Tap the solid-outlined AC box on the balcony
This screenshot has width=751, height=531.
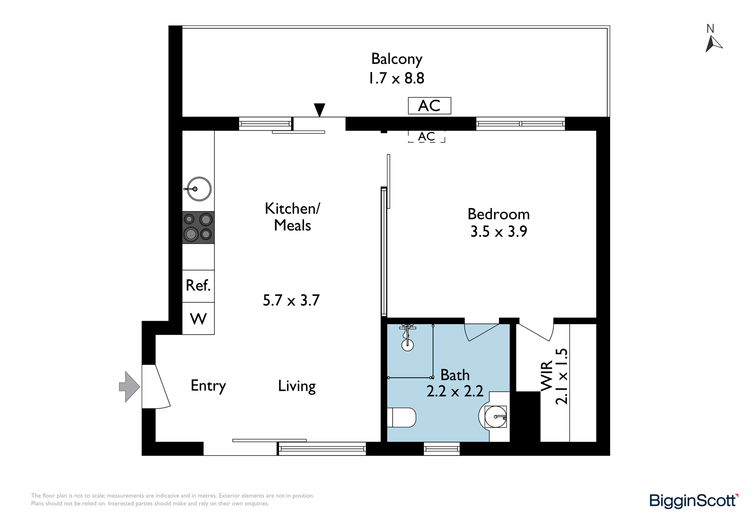point(430,106)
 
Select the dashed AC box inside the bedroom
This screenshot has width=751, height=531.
point(427,136)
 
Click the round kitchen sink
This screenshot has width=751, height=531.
point(199,189)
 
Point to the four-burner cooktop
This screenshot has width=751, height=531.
point(198,228)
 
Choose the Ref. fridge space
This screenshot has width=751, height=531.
point(198,286)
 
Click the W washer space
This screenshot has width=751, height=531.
point(198,318)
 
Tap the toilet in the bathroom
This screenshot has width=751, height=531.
point(401,418)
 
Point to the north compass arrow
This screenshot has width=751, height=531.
point(713,44)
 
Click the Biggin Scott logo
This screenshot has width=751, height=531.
point(694,501)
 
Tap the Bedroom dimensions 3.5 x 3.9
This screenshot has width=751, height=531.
point(499,232)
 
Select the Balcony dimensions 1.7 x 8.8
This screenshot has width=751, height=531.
point(397,78)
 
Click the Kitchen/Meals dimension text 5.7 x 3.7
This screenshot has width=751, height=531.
point(291,300)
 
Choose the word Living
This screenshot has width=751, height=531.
point(297,386)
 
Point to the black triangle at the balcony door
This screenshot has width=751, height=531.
point(320,110)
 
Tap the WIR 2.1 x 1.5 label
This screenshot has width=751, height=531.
point(554,376)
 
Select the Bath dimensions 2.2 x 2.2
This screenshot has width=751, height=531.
point(455,391)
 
